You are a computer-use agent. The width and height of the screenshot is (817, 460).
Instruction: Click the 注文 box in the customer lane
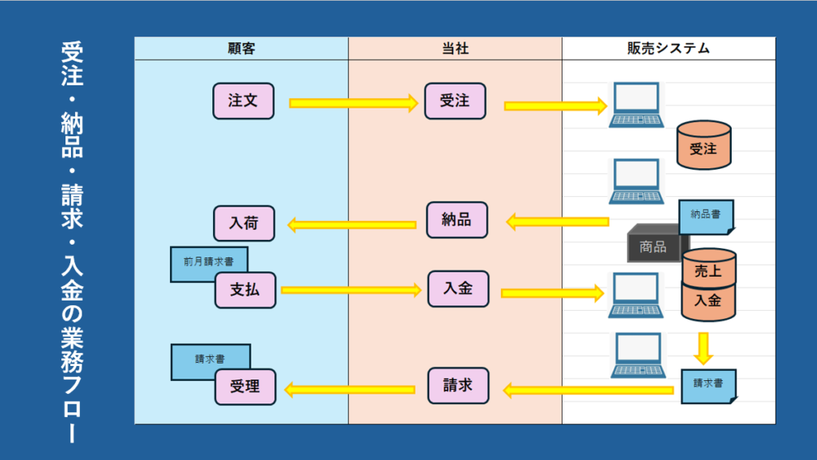tap(243, 101)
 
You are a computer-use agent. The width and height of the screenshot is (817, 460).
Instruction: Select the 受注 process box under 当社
tap(455, 101)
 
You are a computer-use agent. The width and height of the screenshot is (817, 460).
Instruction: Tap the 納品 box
tap(456, 220)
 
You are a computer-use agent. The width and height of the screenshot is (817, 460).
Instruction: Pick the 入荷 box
tap(244, 223)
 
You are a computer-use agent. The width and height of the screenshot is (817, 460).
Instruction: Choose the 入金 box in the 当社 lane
tap(458, 289)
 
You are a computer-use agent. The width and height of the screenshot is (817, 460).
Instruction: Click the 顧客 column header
tap(241, 49)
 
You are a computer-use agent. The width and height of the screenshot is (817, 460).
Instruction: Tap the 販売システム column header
tap(669, 49)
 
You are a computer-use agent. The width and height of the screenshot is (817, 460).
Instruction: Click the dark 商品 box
tap(653, 246)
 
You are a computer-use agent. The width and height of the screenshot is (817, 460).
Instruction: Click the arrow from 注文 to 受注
tap(353, 103)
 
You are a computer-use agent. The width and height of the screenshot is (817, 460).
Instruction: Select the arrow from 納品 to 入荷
tap(351, 225)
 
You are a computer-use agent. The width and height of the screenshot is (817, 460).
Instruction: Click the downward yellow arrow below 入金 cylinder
tap(703, 347)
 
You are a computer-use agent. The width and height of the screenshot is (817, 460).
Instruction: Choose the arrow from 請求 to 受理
tap(350, 390)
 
